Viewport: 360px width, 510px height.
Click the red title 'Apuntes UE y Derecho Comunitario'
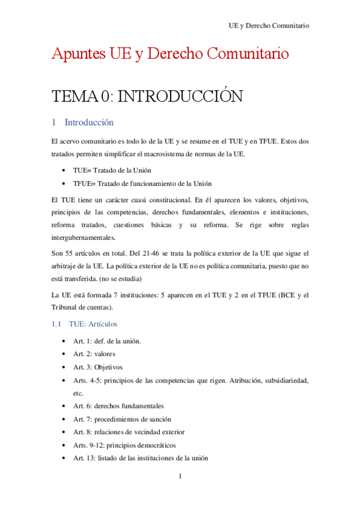tap(170, 54)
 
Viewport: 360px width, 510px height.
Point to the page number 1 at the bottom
tap(180, 477)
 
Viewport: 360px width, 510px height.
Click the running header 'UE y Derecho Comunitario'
tap(269, 26)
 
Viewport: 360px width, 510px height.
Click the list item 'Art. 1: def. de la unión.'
tap(107, 341)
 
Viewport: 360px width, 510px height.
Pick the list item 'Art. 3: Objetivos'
tap(98, 367)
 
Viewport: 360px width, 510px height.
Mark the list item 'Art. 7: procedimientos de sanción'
tap(122, 419)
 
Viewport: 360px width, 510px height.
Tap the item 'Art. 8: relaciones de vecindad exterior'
tap(129, 432)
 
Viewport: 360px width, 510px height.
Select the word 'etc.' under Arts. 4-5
tap(78, 393)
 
